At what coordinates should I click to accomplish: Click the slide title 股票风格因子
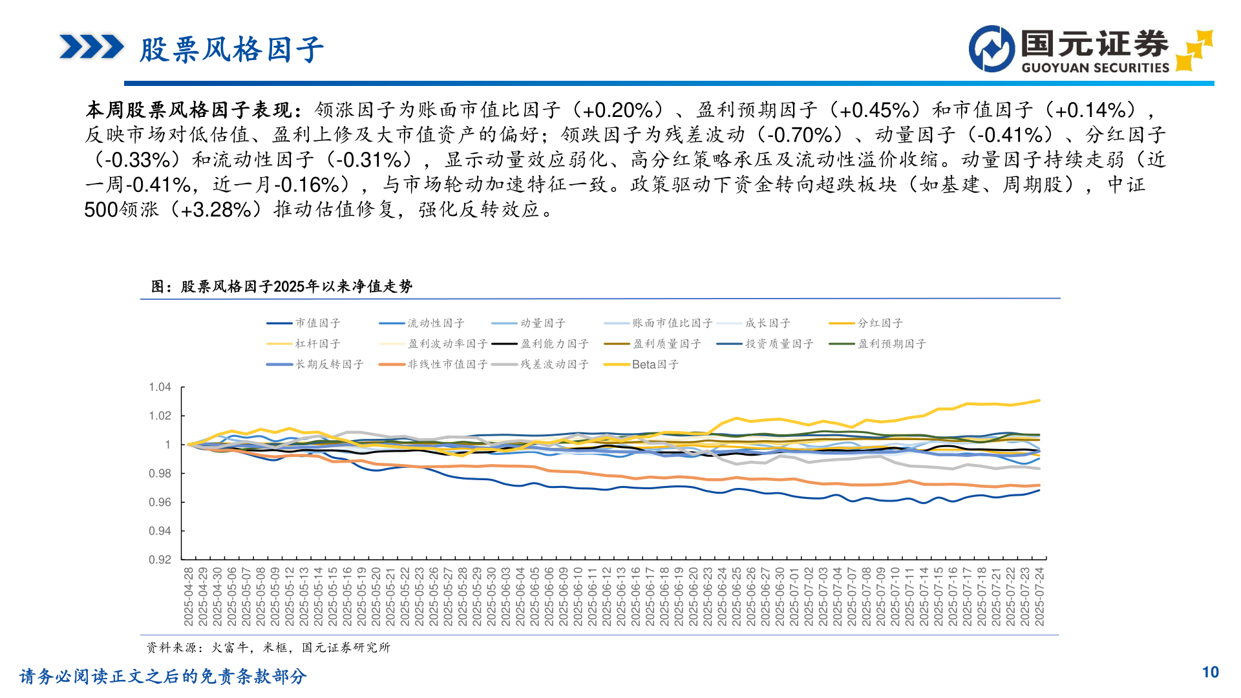click(231, 50)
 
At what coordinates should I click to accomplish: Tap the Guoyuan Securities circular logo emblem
click(992, 49)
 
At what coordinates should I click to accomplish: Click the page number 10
click(1210, 673)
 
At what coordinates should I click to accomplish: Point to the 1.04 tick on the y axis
click(160, 387)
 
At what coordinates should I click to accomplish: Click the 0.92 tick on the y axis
click(160, 560)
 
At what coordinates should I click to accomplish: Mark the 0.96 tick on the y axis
click(160, 502)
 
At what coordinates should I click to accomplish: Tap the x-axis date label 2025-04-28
click(189, 597)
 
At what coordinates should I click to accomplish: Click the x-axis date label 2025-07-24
click(1039, 597)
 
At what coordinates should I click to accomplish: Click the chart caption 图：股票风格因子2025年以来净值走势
click(282, 286)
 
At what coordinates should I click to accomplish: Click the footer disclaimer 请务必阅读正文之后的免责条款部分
click(163, 677)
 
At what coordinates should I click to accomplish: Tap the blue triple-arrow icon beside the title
click(91, 47)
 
